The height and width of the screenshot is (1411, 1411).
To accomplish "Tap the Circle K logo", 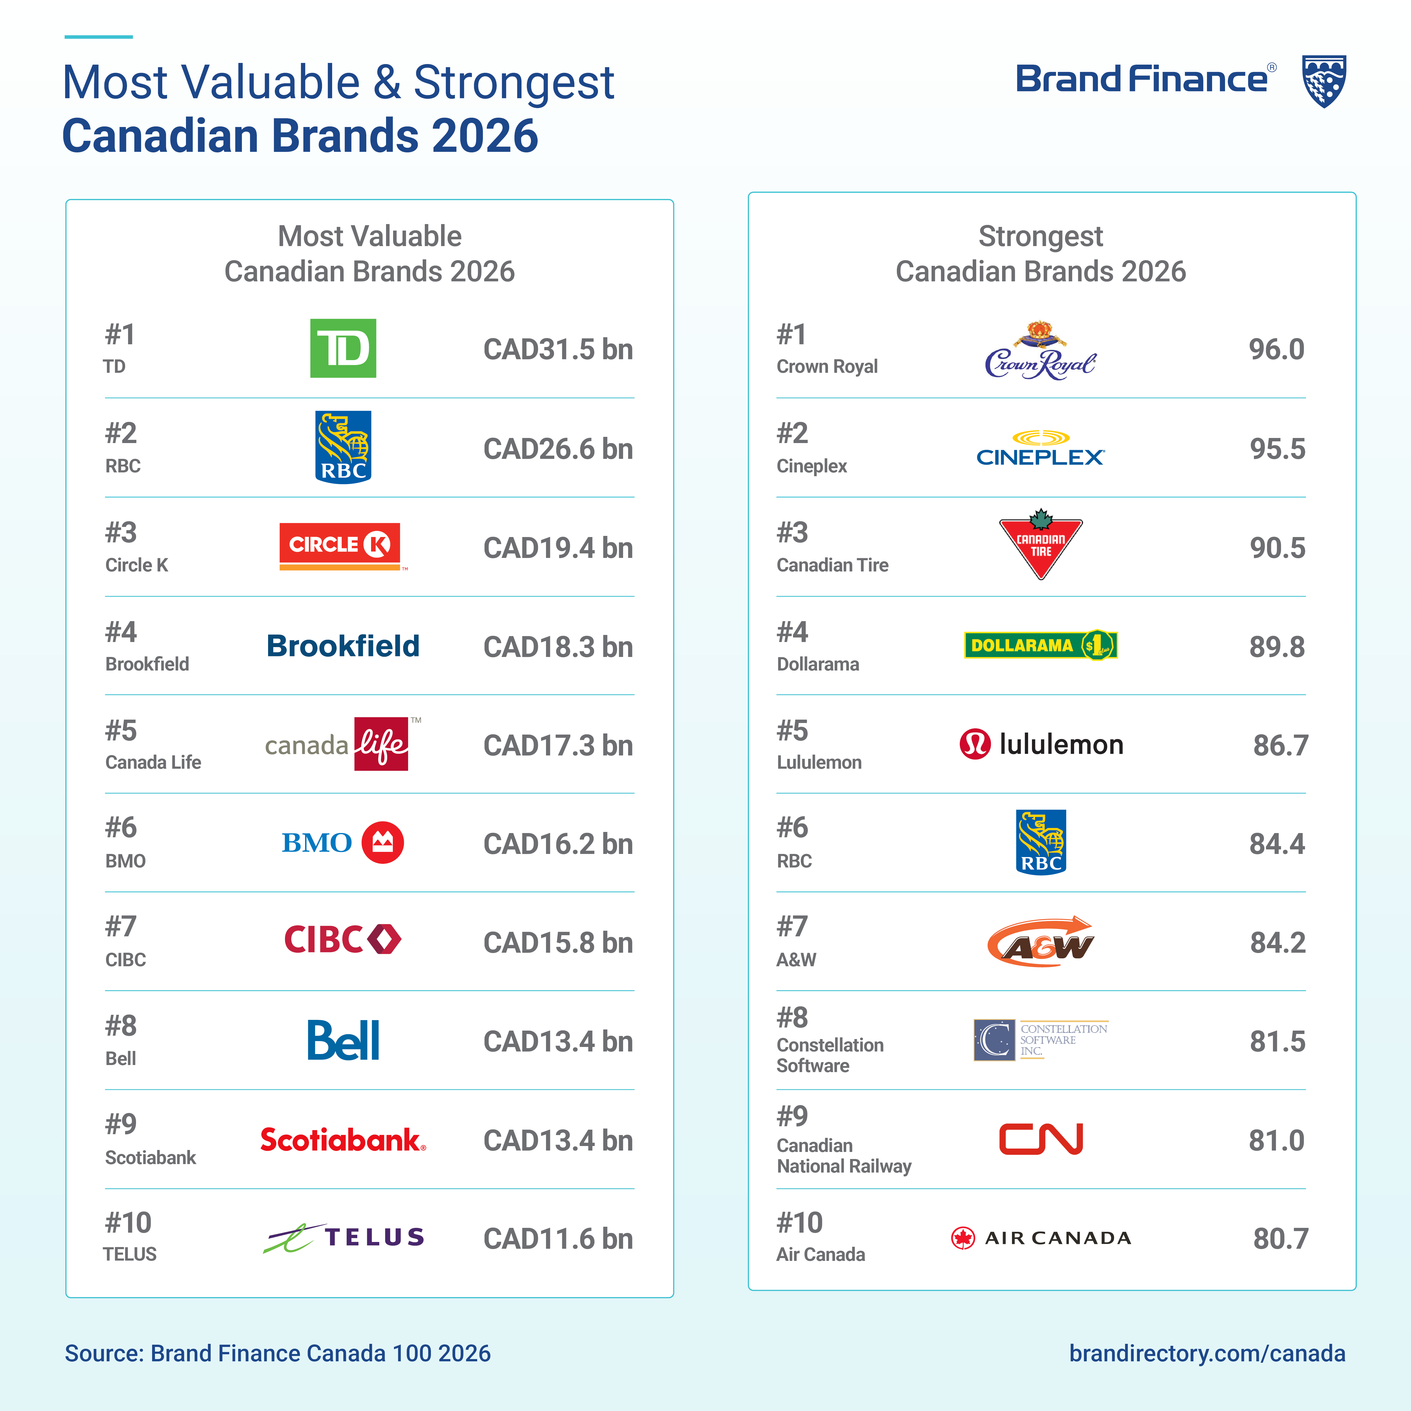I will [339, 545].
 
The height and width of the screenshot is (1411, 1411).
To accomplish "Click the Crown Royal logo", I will [1040, 352].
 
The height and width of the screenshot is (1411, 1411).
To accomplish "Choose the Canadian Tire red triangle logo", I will [1041, 544].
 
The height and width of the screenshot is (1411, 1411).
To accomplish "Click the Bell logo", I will [343, 1041].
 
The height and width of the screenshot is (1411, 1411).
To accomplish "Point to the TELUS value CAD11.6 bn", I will [558, 1239].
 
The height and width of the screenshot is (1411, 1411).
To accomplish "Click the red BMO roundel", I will [383, 843].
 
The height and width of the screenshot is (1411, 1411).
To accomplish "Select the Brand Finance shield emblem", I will [1324, 80].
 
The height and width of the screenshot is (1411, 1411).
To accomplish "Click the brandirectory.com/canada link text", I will [1206, 1353].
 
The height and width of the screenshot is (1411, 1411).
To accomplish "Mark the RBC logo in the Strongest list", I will [1041, 842].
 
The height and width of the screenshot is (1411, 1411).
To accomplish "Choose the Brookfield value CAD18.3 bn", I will [558, 647].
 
